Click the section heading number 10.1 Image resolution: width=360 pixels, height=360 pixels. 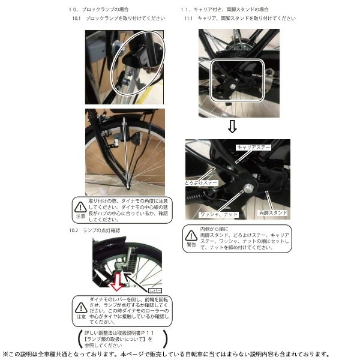pos(76,19)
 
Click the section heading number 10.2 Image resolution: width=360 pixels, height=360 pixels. pos(74,230)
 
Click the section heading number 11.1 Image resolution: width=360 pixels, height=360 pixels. pos(188,19)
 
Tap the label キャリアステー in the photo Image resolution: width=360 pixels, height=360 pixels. pos(254,147)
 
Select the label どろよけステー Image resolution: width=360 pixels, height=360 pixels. pos(200,182)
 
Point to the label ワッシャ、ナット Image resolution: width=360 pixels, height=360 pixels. pos(220,214)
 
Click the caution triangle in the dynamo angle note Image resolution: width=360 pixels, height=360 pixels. pos(80,208)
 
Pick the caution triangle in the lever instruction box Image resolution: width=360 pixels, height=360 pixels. pos(80,307)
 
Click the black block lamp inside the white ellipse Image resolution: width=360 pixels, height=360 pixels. pos(140,58)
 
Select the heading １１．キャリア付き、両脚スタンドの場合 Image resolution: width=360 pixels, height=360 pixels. pos(224,10)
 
